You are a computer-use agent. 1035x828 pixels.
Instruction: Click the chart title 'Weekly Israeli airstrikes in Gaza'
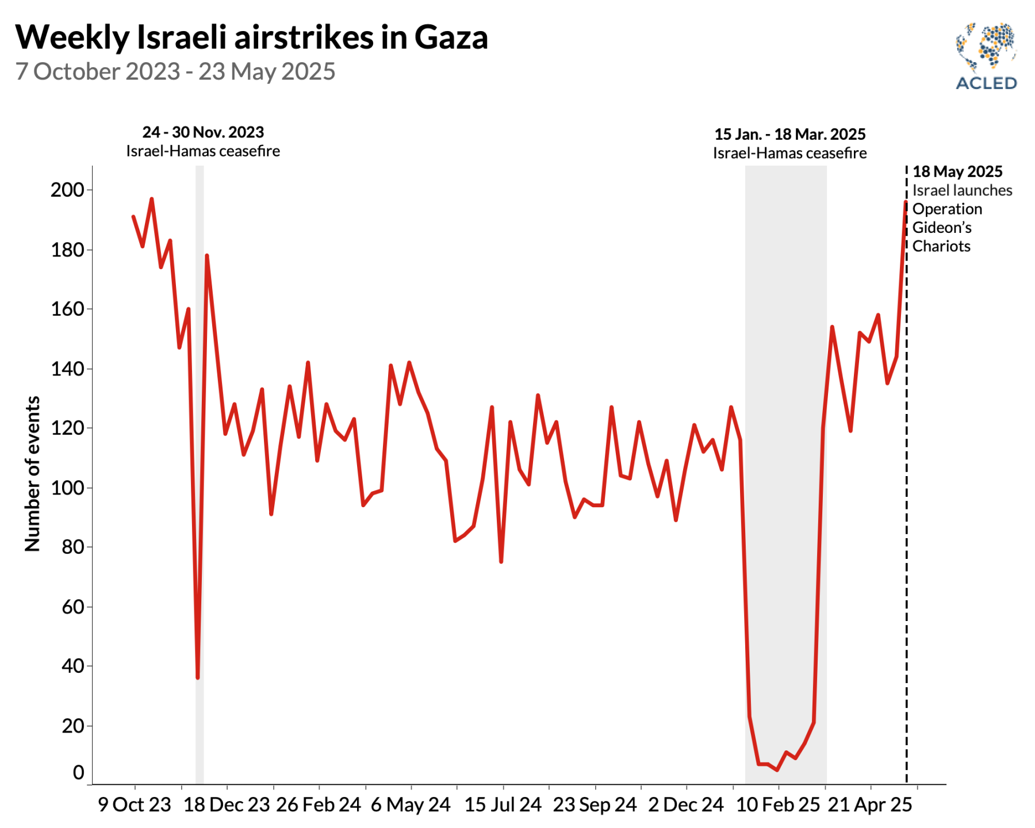point(251,38)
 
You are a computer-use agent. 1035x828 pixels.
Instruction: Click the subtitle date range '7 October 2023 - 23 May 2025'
point(175,72)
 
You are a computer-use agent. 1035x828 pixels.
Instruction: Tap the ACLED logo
point(986,56)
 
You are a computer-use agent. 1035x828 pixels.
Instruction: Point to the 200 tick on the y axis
point(67,190)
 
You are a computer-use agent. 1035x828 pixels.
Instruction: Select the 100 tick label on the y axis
point(67,488)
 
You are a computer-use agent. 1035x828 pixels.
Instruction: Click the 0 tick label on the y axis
point(79,772)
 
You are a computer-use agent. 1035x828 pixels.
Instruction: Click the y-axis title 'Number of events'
point(33,474)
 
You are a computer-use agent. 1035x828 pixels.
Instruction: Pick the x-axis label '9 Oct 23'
point(135,804)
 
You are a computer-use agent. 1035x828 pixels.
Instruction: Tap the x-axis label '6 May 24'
point(411,804)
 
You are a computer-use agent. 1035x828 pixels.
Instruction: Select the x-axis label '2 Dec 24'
point(685,804)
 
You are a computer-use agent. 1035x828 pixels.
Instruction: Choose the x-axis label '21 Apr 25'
point(869,804)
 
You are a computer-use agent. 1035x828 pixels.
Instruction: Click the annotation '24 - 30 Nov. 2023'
point(203,132)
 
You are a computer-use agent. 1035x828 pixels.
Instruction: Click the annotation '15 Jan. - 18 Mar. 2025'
point(789,135)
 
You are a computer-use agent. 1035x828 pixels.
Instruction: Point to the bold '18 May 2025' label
point(957,172)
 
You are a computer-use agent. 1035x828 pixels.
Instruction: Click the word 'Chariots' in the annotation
point(941,246)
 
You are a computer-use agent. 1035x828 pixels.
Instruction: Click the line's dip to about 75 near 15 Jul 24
point(501,561)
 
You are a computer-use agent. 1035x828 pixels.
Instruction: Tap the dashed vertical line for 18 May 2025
point(907,517)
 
